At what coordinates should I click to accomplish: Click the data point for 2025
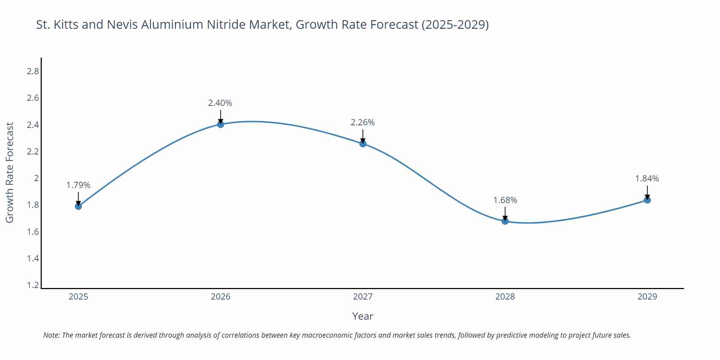pyautogui.click(x=78, y=206)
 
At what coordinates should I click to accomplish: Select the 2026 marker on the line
pyautogui.click(x=221, y=124)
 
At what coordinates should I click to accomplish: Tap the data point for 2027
pyautogui.click(x=363, y=144)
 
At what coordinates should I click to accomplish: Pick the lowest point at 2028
pyautogui.click(x=505, y=221)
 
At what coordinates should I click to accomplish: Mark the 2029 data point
pyautogui.click(x=647, y=200)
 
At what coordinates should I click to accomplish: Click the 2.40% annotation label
pyautogui.click(x=220, y=103)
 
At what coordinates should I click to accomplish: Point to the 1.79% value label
pyautogui.click(x=78, y=185)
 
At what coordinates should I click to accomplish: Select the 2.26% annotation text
pyautogui.click(x=363, y=122)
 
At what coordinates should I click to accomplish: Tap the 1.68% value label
pyautogui.click(x=505, y=200)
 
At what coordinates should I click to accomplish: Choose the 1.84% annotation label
pyautogui.click(x=647, y=179)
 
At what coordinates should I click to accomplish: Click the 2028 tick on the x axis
pyautogui.click(x=505, y=297)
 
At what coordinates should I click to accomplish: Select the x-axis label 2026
pyautogui.click(x=221, y=297)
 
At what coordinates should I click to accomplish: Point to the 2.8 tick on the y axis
pyautogui.click(x=33, y=71)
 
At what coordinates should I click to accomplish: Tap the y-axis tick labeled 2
pyautogui.click(x=36, y=178)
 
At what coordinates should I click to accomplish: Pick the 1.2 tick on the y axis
pyautogui.click(x=33, y=285)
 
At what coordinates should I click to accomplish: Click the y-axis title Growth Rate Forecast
pyautogui.click(x=10, y=172)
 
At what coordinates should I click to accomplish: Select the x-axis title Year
pyautogui.click(x=363, y=316)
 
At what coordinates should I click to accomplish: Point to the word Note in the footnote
pyautogui.click(x=51, y=335)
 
